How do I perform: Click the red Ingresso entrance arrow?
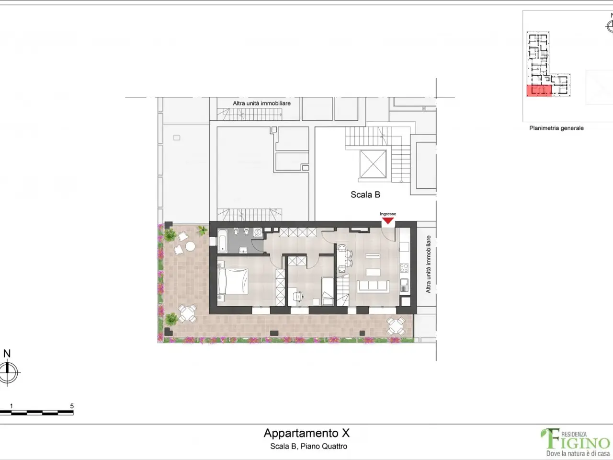coord(388,220)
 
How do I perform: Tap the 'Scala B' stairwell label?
coord(365,195)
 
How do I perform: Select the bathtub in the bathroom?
coord(222,240)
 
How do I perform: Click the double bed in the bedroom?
coord(233,281)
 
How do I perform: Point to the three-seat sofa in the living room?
coord(373,286)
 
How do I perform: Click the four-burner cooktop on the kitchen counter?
coord(404,267)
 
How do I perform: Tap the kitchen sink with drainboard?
coord(404,285)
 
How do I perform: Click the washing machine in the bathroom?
coord(258,232)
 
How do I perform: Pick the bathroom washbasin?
coord(243,250)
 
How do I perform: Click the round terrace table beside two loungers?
coord(190,246)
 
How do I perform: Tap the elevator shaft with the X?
coord(373,164)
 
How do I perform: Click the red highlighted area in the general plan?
coord(539,91)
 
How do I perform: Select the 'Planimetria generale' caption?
coord(556,128)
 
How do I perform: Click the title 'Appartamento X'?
coord(306,433)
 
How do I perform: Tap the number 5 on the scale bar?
coord(72,406)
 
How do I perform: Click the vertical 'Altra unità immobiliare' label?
coord(428,264)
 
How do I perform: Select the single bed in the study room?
coord(328,291)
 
